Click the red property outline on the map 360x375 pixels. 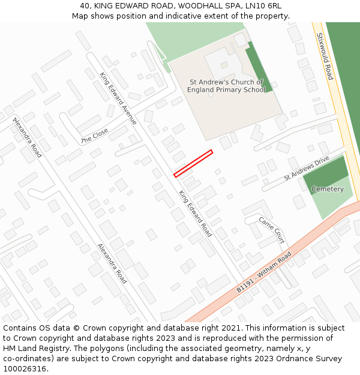coord(193,163)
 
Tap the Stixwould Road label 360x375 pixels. coord(325,56)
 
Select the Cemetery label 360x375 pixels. coord(328,189)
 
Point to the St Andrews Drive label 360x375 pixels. coord(307,169)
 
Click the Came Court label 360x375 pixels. coord(271,229)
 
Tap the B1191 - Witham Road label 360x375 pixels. coord(263,272)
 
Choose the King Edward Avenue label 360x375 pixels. coord(118,98)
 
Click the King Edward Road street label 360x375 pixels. coord(195,214)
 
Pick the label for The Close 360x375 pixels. coord(94,136)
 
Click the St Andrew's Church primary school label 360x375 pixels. coord(226,86)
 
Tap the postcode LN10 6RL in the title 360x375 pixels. coord(265,5)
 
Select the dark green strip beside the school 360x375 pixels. coord(258,66)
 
